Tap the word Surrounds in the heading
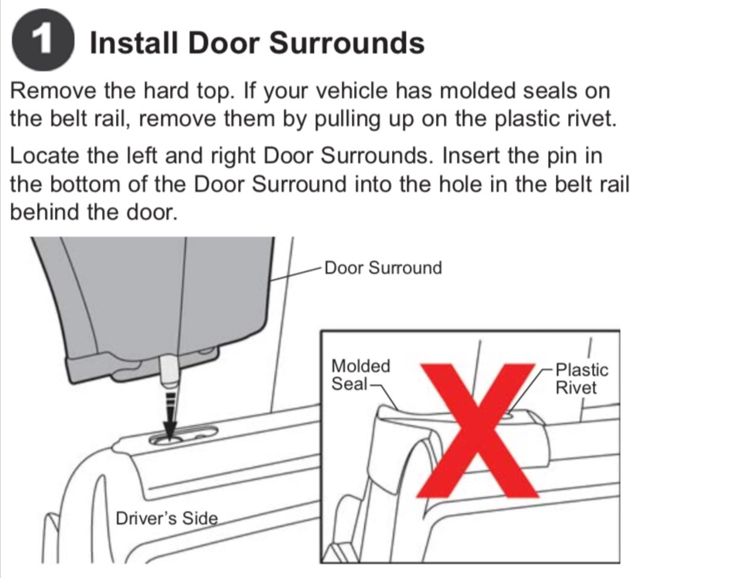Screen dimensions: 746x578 point(347,42)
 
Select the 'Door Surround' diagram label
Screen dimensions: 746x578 point(383,268)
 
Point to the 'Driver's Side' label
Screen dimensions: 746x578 point(167,518)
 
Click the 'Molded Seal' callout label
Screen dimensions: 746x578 point(361,375)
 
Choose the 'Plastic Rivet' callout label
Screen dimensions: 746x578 point(582,378)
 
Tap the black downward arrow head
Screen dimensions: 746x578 point(170,430)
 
